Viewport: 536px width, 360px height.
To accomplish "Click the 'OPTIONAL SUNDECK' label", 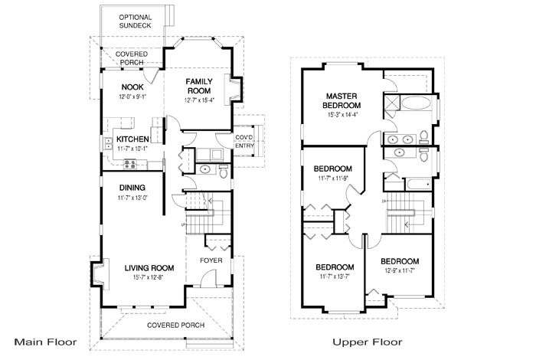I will coord(135,21).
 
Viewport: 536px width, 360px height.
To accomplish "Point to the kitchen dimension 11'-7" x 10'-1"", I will coord(132,149).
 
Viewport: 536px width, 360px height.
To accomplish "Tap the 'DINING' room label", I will coord(132,188).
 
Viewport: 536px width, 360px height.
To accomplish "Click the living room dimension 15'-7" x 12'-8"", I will coord(150,278).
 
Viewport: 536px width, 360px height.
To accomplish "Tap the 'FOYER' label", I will coord(211,260).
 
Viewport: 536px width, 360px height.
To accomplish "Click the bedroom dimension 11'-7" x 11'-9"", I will coord(332,178).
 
